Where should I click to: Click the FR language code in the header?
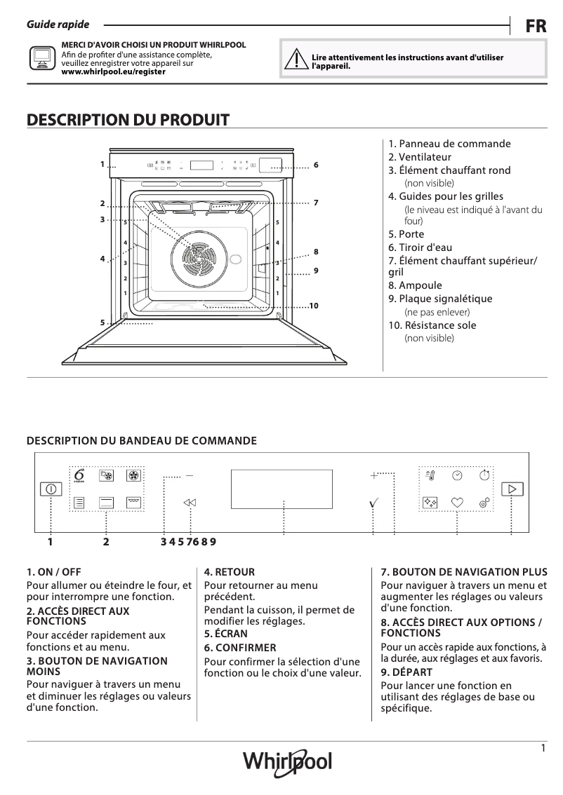(x=536, y=26)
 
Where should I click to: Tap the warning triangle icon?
(x=296, y=60)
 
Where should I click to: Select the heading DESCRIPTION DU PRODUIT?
(x=128, y=120)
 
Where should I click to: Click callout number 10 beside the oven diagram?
(x=313, y=306)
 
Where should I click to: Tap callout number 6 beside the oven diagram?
(x=316, y=165)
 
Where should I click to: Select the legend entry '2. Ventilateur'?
(x=420, y=157)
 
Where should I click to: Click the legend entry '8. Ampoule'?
(x=415, y=285)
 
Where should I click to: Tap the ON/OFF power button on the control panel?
(x=51, y=489)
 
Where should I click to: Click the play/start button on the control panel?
(x=512, y=489)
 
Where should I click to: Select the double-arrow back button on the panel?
(x=190, y=503)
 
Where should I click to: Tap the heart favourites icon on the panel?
(x=457, y=502)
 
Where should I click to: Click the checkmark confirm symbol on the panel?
(x=374, y=503)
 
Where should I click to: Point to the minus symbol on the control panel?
(x=190, y=475)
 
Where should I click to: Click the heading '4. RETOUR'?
(x=229, y=572)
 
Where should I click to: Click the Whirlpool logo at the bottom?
(x=287, y=761)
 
